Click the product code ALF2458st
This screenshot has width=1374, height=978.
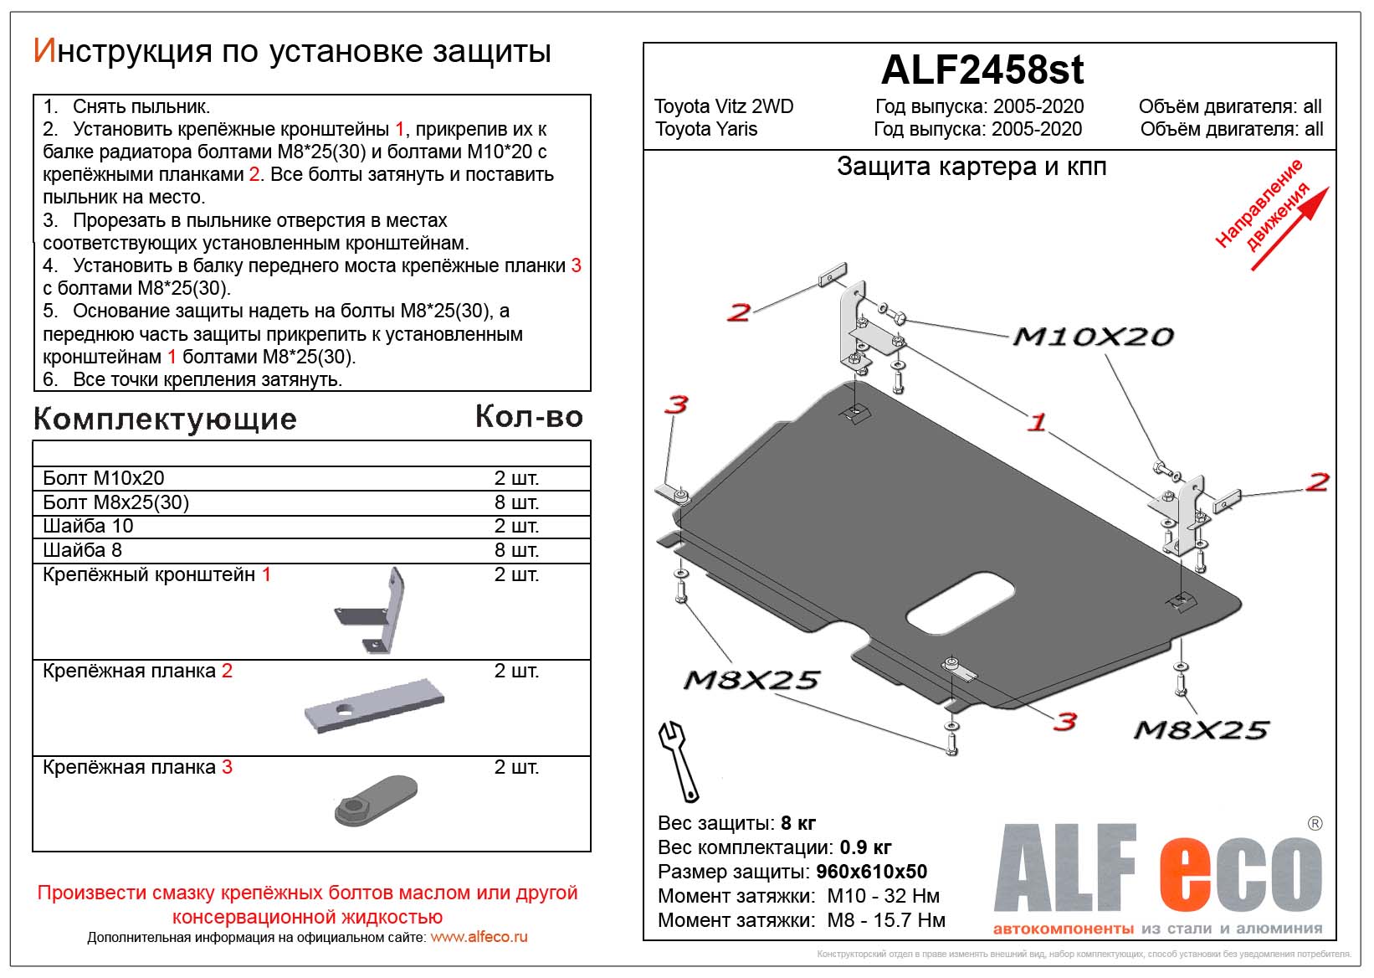click(x=982, y=70)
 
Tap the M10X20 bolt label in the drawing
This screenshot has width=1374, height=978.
click(x=1093, y=337)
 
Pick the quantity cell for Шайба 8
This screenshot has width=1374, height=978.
click(x=516, y=550)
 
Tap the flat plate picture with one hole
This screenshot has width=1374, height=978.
click(x=374, y=705)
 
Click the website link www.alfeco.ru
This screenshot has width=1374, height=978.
click(x=479, y=937)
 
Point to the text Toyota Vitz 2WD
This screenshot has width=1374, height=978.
click(x=724, y=106)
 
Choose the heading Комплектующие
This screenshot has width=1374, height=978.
click(x=165, y=419)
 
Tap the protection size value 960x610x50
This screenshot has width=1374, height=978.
click(x=871, y=872)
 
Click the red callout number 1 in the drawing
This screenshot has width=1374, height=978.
click(x=1036, y=422)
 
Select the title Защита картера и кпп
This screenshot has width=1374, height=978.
click(x=972, y=167)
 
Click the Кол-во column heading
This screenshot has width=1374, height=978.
click(x=529, y=416)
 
